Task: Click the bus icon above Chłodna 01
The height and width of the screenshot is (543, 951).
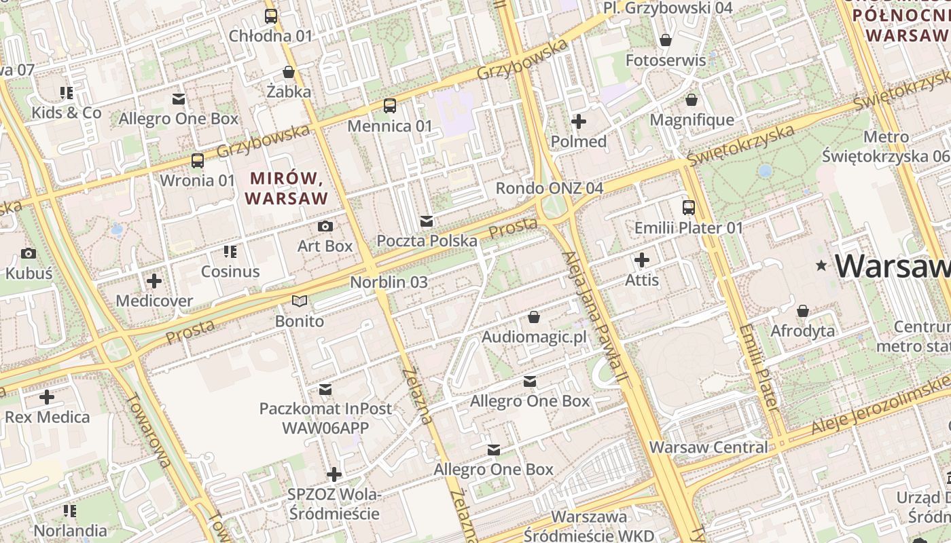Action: click(271, 16)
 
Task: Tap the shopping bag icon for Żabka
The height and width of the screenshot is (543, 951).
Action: click(289, 72)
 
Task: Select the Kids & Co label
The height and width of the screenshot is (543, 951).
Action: click(67, 113)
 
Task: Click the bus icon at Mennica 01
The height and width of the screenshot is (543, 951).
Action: click(390, 106)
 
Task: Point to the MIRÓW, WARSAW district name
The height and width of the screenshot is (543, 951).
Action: click(287, 188)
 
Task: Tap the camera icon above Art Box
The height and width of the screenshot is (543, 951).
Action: click(325, 226)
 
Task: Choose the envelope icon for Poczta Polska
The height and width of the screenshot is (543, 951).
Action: click(427, 221)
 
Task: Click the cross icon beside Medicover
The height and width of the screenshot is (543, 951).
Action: click(154, 280)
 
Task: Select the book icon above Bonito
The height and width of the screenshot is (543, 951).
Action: click(300, 301)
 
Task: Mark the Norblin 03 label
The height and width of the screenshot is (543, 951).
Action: click(389, 282)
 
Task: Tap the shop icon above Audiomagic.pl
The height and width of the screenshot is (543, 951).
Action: click(534, 317)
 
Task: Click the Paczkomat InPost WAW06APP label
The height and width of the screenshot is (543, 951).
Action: click(325, 418)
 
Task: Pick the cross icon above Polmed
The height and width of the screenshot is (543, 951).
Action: click(579, 122)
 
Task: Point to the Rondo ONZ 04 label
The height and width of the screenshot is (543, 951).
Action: click(550, 188)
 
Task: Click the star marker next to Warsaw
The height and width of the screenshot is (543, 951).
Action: click(823, 265)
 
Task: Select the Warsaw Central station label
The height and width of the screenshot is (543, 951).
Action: click(708, 447)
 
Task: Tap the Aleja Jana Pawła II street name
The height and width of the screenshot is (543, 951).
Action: click(592, 317)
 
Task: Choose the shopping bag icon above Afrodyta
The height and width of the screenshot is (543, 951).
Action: click(803, 312)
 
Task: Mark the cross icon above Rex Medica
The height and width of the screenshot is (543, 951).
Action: click(47, 397)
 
